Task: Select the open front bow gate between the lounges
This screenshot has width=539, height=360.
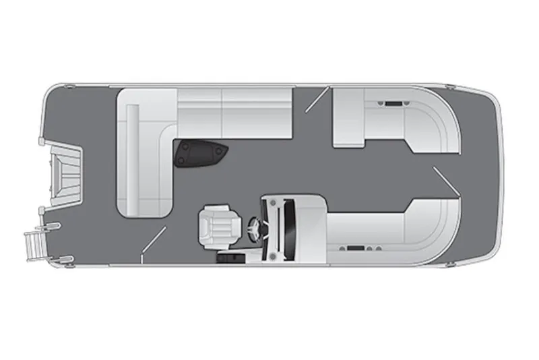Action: pos(447,180)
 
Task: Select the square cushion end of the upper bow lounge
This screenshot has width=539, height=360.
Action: pos(348,118)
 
